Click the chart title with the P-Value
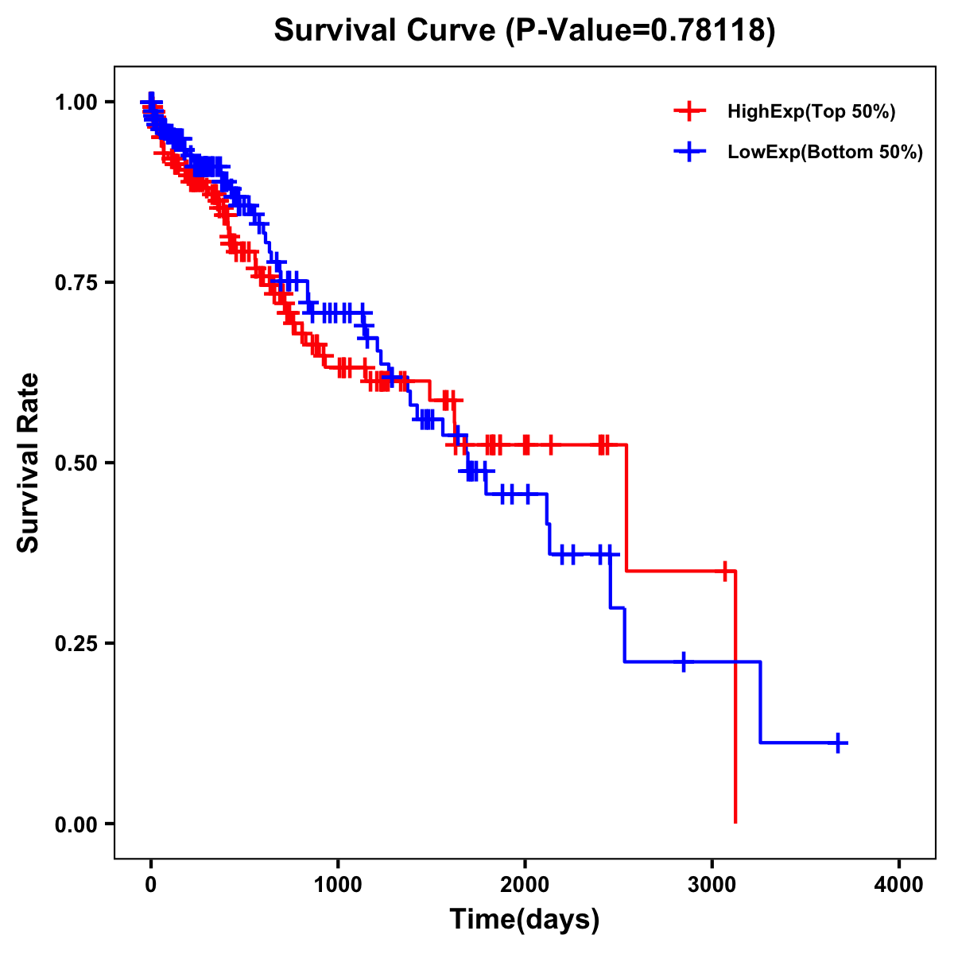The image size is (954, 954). (x=525, y=31)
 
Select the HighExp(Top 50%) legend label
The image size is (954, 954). (x=812, y=112)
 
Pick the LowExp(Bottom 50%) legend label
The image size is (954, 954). (x=825, y=153)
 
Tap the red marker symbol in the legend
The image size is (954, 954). (x=689, y=111)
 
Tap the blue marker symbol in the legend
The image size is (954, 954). (x=689, y=152)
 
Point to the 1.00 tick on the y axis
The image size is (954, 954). (x=76, y=103)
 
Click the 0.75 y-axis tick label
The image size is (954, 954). (x=76, y=283)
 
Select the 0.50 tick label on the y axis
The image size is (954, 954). (x=76, y=463)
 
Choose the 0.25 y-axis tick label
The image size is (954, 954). (x=76, y=644)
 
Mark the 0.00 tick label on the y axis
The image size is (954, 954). (x=76, y=824)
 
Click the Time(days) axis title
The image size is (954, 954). (x=525, y=920)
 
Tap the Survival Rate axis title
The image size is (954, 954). (x=29, y=463)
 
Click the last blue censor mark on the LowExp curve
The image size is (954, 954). (x=838, y=743)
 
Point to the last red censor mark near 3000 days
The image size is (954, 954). (x=724, y=571)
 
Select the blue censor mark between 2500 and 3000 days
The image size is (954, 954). (x=683, y=661)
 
